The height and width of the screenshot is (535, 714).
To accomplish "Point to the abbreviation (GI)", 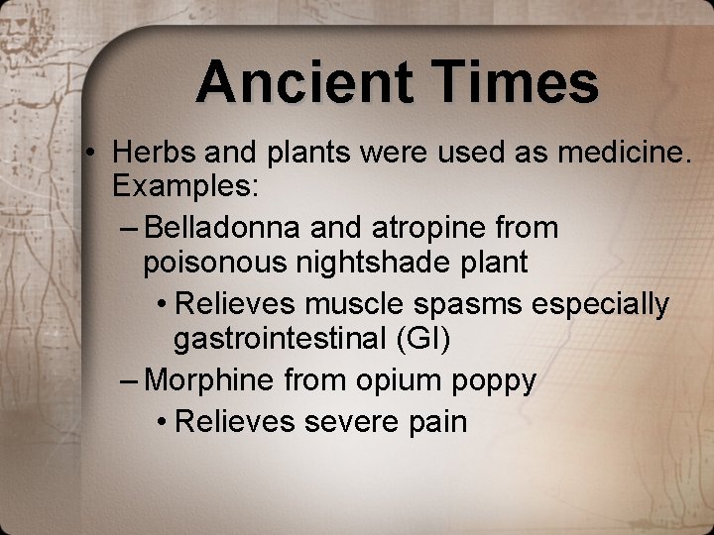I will pos(422,339).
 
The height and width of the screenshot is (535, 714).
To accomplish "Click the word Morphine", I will pos(209,379).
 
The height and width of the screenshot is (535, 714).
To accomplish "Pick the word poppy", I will pos(500,380).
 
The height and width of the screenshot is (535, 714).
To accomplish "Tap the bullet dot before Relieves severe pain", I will pos(161,422).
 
